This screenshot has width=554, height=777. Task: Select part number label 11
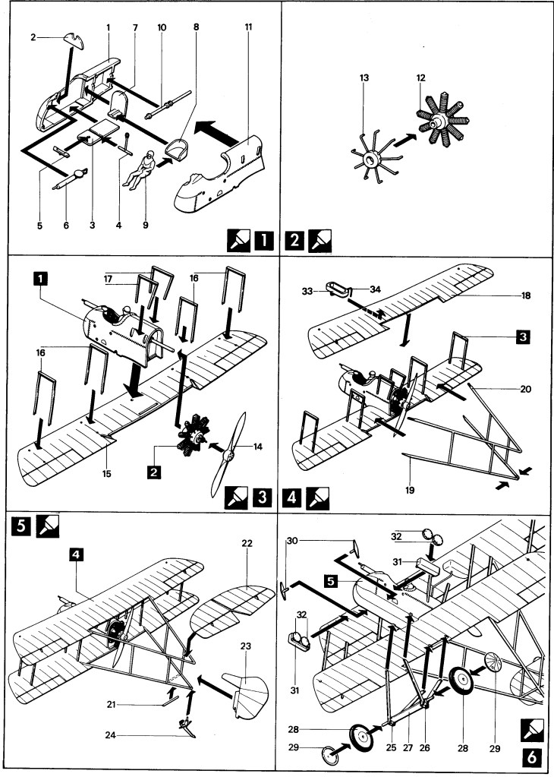[x=248, y=28]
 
